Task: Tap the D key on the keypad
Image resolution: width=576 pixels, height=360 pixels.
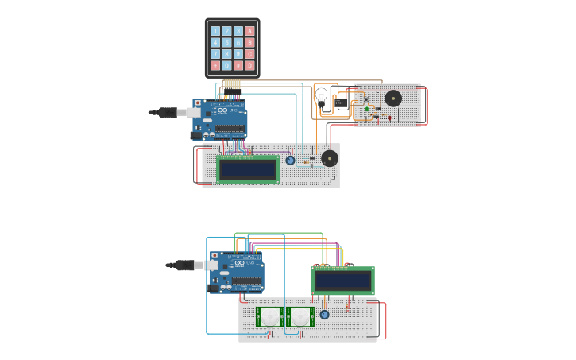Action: tap(249, 66)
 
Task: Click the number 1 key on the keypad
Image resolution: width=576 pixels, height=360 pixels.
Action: tap(215, 31)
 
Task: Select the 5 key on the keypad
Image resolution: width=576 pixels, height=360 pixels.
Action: tap(226, 43)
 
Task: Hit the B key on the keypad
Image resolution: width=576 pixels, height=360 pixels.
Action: tap(249, 43)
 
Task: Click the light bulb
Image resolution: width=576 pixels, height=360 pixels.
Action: tap(321, 97)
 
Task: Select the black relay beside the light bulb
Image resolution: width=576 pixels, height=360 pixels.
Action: tap(340, 102)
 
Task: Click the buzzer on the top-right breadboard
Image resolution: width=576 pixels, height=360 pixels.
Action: tap(392, 99)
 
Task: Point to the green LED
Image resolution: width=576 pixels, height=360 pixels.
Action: tap(367, 109)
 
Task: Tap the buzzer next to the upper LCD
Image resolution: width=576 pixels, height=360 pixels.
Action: tap(329, 158)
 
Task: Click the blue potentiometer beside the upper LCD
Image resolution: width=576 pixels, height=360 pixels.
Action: tap(290, 161)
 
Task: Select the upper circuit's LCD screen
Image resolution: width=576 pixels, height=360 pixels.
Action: tap(248, 169)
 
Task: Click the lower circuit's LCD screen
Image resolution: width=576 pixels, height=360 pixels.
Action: tap(342, 281)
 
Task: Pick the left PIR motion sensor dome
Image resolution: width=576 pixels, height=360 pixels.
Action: tap(271, 316)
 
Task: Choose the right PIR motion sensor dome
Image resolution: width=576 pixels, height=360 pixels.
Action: tap(300, 316)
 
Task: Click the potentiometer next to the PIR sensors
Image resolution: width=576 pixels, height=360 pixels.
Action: tap(324, 315)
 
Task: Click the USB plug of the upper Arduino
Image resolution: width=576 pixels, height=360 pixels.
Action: tap(168, 113)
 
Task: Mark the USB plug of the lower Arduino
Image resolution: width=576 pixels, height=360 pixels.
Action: tap(185, 265)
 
